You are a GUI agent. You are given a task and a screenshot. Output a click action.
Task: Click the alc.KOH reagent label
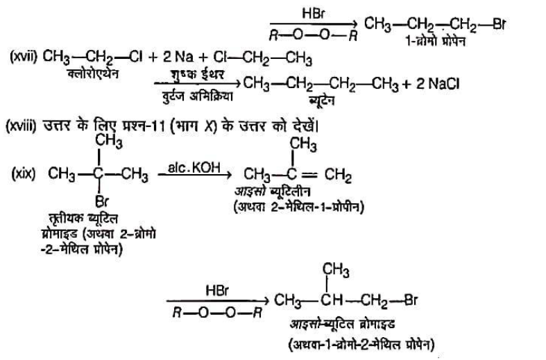point(187,168)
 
